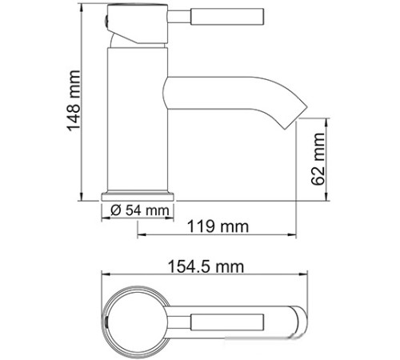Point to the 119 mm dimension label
pos(218,227)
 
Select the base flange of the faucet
pos(138,194)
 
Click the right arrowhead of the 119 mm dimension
pos(298,236)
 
